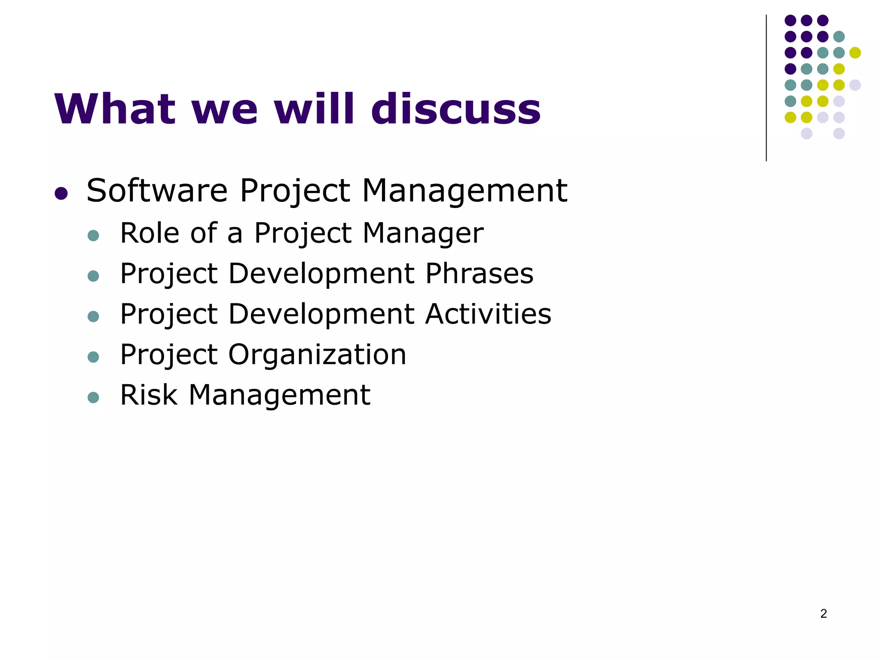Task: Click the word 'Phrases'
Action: [479, 273]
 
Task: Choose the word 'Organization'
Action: [317, 355]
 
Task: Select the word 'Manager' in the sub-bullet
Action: [423, 234]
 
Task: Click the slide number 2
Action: [823, 614]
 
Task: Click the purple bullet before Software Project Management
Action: [61, 193]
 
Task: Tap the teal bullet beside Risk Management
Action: [93, 397]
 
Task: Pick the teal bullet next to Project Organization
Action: [93, 357]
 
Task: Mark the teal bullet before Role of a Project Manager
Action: [93, 235]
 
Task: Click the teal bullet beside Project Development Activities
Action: [93, 316]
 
